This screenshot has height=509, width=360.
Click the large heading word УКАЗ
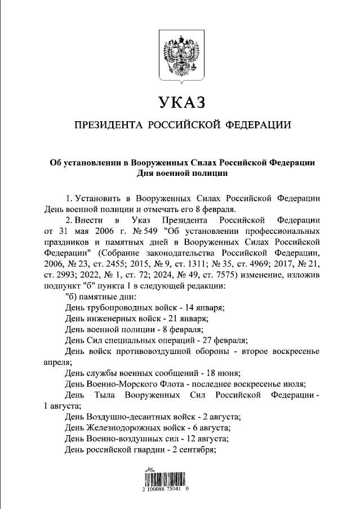[x=180, y=103]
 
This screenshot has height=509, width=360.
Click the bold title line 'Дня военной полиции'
[x=180, y=174]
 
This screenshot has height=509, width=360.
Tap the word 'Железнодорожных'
[x=123, y=427]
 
